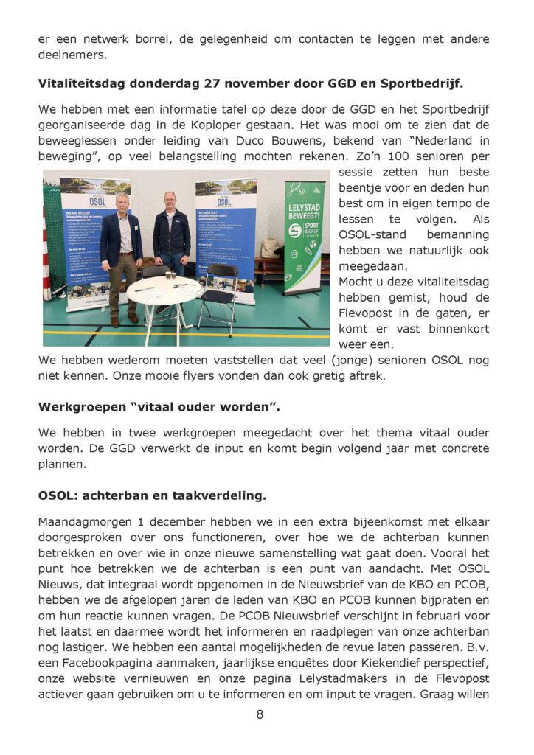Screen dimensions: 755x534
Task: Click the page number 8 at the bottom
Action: point(260,714)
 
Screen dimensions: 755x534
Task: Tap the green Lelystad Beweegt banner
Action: point(304,236)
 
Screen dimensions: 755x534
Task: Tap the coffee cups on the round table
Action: point(170,276)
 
